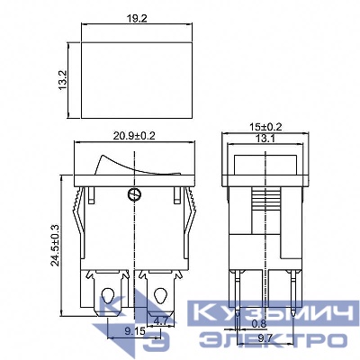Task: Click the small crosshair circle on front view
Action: [136, 194]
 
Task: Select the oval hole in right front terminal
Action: [163, 297]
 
